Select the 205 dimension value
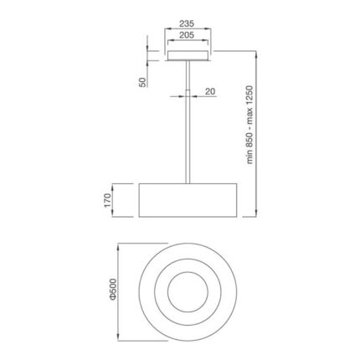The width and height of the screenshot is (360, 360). coord(188,37)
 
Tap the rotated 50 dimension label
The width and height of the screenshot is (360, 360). coord(143,81)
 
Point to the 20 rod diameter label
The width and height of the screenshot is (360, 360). coord(210,90)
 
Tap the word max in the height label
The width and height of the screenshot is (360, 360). coord(249,121)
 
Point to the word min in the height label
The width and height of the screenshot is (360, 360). coord(249,162)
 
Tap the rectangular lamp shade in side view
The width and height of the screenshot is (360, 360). coord(188,201)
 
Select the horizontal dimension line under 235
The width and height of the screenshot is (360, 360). coord(188,30)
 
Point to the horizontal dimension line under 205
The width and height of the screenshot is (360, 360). coord(188,43)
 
